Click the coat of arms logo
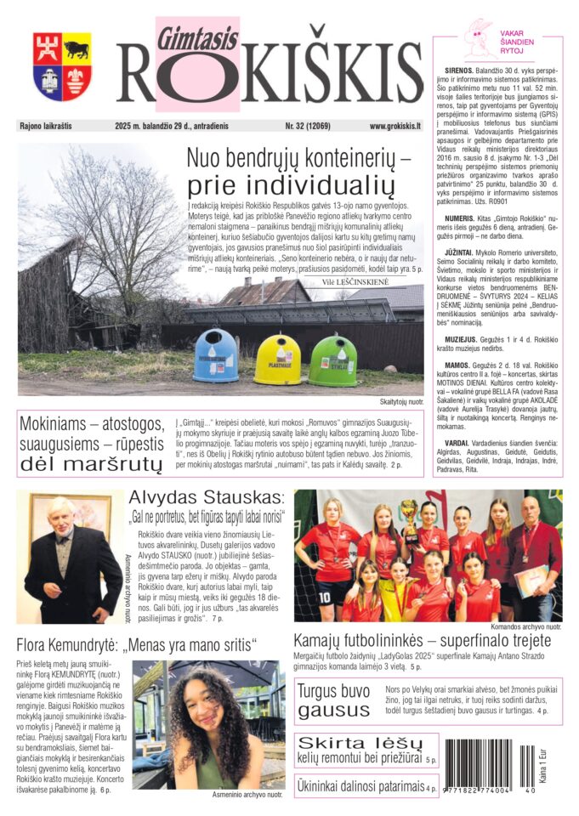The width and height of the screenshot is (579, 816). (63, 67)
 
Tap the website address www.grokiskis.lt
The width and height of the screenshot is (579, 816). (395, 126)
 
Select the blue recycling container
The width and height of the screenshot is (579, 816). (215, 355)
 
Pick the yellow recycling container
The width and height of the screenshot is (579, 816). (277, 359)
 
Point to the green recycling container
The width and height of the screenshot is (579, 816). (332, 360)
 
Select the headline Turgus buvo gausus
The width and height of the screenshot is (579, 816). (332, 700)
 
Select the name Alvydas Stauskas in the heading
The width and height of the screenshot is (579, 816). (206, 498)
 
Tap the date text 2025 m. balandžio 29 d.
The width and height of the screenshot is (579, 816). (162, 126)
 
